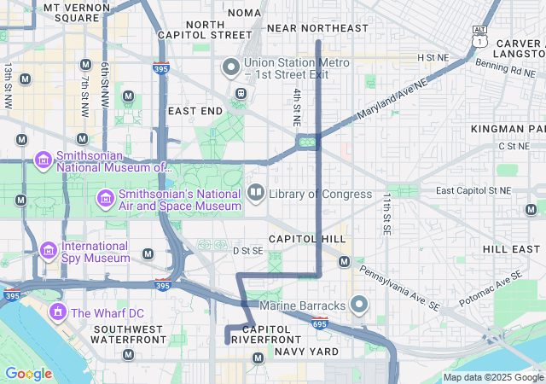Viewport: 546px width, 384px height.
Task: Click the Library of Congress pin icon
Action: [x=256, y=194]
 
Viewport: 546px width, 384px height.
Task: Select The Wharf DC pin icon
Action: [x=58, y=312]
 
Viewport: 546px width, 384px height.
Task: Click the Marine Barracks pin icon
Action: [x=359, y=305]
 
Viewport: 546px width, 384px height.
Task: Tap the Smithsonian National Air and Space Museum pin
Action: [x=105, y=199]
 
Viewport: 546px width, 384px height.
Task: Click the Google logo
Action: [x=28, y=374]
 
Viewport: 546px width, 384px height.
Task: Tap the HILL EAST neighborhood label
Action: [x=512, y=248]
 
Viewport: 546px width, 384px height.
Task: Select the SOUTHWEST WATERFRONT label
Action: [x=128, y=335]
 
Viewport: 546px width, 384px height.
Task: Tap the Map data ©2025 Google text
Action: [x=492, y=377]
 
